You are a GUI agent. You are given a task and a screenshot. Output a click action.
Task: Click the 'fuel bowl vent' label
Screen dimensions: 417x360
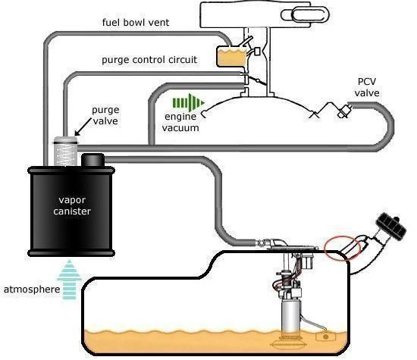coord(136,22)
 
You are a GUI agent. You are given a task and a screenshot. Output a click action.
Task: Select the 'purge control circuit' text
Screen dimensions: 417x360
coord(149,60)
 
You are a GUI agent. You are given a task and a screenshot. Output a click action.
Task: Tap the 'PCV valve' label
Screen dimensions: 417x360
coord(367,87)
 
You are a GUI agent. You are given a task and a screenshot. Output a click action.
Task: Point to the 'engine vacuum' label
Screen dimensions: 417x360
coord(180,122)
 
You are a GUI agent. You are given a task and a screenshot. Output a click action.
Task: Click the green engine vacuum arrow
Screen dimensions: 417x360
coord(189,102)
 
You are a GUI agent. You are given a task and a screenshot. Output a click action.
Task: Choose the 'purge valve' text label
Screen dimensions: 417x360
coord(105,115)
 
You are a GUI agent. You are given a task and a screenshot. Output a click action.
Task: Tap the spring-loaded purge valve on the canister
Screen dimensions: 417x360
coord(65,151)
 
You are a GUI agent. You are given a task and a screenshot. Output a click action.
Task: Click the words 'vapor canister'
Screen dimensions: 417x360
coord(72,205)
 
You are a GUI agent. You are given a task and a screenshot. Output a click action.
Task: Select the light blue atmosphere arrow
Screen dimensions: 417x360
coord(69,280)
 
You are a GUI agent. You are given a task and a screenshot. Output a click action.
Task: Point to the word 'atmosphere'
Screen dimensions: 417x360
coord(32,290)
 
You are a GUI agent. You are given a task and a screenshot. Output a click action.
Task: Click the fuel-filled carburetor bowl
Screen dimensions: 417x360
coord(232,56)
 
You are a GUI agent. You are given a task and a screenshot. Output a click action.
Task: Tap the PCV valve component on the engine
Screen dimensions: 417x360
coord(345,111)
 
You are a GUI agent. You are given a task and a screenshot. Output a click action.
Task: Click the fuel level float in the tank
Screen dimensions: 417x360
coord(326,337)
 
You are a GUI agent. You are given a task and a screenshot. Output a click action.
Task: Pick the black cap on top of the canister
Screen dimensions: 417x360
coord(92,160)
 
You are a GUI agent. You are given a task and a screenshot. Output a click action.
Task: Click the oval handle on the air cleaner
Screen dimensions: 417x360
coord(306,14)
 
